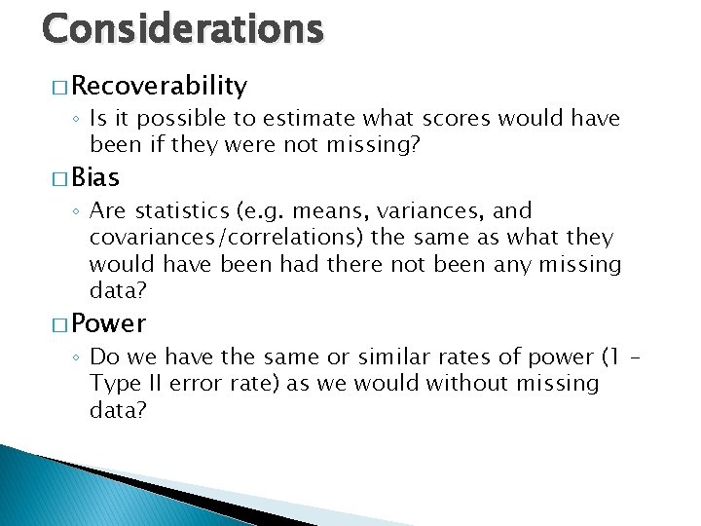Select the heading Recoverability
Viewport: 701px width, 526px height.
(x=159, y=87)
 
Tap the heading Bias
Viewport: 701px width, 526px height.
(x=95, y=177)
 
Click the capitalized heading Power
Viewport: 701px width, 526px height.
(x=108, y=322)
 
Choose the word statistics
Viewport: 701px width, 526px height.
(x=179, y=211)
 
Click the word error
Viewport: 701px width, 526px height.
(x=195, y=384)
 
